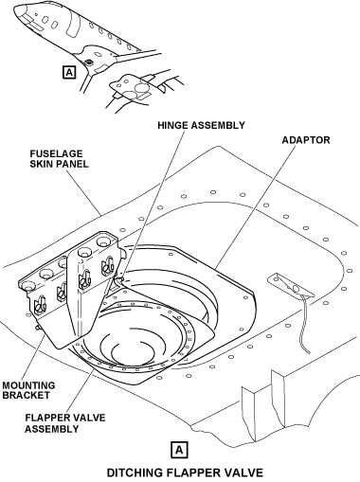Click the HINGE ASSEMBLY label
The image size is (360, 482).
(x=201, y=125)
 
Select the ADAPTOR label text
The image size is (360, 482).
(x=306, y=140)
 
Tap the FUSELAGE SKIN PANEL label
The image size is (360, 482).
(x=59, y=159)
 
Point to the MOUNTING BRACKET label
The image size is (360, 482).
(x=28, y=390)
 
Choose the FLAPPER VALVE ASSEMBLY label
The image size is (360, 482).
(x=65, y=423)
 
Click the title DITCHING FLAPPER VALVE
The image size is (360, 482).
(x=185, y=473)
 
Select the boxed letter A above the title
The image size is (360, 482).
(x=179, y=450)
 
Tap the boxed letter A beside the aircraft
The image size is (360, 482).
(x=69, y=72)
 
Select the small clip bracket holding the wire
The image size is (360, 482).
(x=291, y=286)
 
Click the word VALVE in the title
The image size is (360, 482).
(x=243, y=473)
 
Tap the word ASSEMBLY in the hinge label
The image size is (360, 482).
(x=218, y=125)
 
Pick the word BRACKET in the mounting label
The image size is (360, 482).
(x=27, y=395)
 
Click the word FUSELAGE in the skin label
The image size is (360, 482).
(x=56, y=153)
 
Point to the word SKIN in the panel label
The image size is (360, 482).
(x=40, y=164)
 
